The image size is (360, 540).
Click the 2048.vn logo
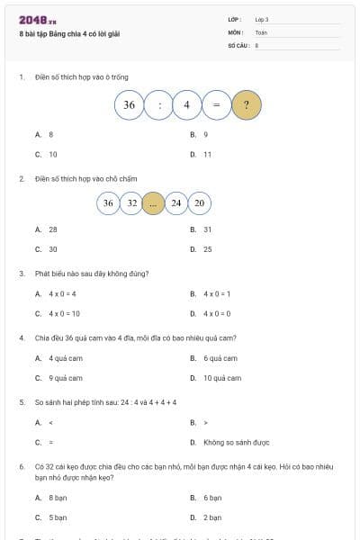[x=38, y=20]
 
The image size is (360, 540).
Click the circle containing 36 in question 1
[x=130, y=105]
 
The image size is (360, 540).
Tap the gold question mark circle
[x=247, y=105]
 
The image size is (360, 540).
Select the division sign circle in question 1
[x=159, y=105]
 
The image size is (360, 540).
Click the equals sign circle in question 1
[x=217, y=105]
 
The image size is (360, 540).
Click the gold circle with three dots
[x=154, y=202]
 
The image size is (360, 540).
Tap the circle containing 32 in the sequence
[x=131, y=202]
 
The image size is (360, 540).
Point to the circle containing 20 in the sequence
[x=199, y=202]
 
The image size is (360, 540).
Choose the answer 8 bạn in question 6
[x=58, y=497]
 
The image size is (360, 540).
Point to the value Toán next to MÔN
[x=261, y=31]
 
